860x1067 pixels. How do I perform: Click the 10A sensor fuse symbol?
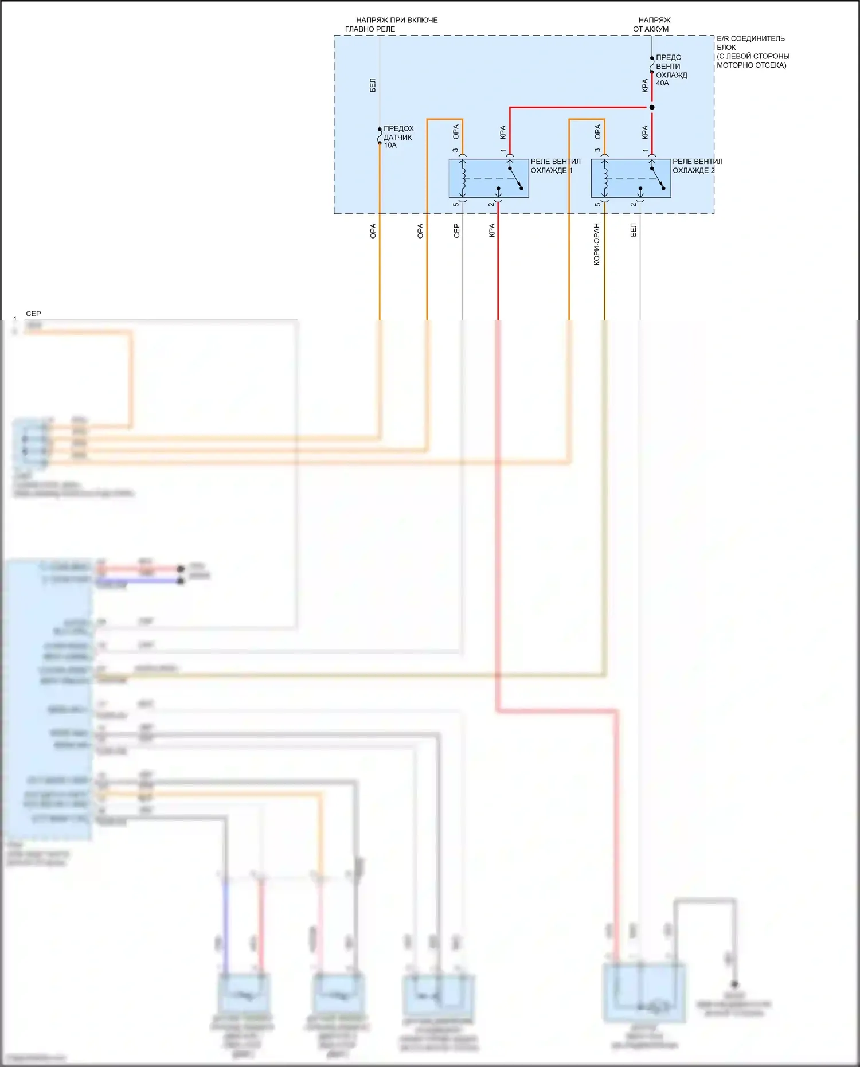(x=380, y=136)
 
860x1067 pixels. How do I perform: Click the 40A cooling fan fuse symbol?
(x=652, y=65)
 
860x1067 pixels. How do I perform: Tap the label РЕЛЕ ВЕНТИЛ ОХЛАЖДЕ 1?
(x=555, y=166)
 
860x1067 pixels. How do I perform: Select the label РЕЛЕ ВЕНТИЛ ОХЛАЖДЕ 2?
(x=697, y=166)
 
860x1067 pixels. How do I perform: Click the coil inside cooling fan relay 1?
(x=463, y=178)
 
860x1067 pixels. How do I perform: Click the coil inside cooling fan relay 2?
(x=604, y=178)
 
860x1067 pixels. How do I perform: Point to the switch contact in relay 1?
(x=515, y=178)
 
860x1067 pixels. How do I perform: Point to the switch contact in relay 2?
(x=657, y=178)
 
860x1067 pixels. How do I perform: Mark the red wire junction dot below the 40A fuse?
(x=652, y=107)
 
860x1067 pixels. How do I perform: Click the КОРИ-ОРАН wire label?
(x=596, y=244)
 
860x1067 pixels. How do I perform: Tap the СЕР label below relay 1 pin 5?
(x=456, y=230)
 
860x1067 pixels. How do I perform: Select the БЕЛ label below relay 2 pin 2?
(x=633, y=230)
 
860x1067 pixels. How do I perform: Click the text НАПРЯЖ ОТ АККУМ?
(x=652, y=25)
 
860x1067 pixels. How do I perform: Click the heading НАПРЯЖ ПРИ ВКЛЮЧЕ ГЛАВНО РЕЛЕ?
(x=392, y=25)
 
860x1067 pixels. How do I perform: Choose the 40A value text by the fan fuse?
(x=662, y=83)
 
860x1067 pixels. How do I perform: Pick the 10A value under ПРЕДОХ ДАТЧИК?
(x=390, y=146)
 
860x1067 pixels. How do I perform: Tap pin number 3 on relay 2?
(x=597, y=151)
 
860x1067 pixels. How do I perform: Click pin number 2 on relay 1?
(x=491, y=205)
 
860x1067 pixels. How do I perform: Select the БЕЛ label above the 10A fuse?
(x=373, y=85)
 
